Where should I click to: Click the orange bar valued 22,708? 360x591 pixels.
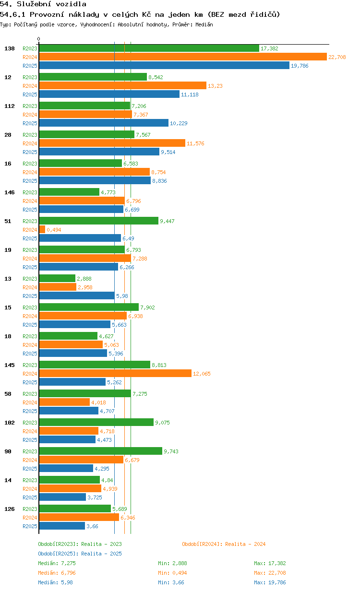pyautogui.click(x=183, y=57)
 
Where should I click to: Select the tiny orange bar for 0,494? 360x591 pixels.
pyautogui.click(x=42, y=229)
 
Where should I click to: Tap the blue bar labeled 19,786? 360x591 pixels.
pyautogui.click(x=164, y=65)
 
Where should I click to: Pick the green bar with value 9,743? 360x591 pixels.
pyautogui.click(x=100, y=451)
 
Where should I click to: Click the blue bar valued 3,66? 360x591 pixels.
pyautogui.click(x=62, y=526)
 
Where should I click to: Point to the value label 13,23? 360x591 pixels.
pyautogui.click(x=215, y=86)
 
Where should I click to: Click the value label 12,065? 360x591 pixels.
pyautogui.click(x=202, y=374)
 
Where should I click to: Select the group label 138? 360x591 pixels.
pyautogui.click(x=10, y=48)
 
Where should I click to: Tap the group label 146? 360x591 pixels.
pyautogui.click(x=10, y=192)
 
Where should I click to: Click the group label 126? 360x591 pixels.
pyautogui.click(x=10, y=509)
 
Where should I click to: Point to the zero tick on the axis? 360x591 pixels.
pyautogui.click(x=38, y=39)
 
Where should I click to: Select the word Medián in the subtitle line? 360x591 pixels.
pyautogui.click(x=204, y=24)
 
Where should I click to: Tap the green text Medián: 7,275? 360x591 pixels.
pyautogui.click(x=57, y=563)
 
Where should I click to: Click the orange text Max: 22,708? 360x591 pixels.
pyautogui.click(x=270, y=573)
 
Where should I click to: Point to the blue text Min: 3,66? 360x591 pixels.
pyautogui.click(x=171, y=582)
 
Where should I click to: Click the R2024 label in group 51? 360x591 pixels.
pyautogui.click(x=30, y=230)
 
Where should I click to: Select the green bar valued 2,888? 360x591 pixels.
pyautogui.click(x=57, y=278)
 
